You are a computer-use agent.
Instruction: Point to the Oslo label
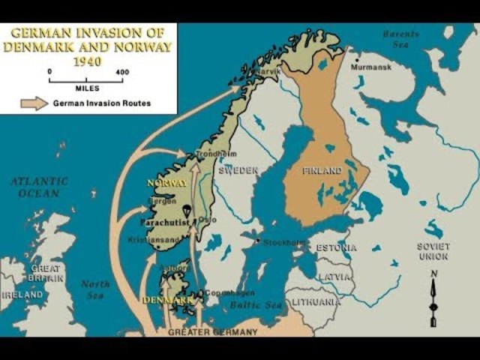click(x=208, y=220)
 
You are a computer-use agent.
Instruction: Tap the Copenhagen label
click(x=228, y=292)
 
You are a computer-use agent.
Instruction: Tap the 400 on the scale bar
click(x=121, y=72)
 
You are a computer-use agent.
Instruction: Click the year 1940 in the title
click(x=88, y=60)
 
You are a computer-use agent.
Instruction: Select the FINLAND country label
click(x=322, y=171)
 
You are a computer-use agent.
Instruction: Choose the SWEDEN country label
click(x=238, y=170)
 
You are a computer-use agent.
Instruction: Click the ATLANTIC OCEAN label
click(x=39, y=187)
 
